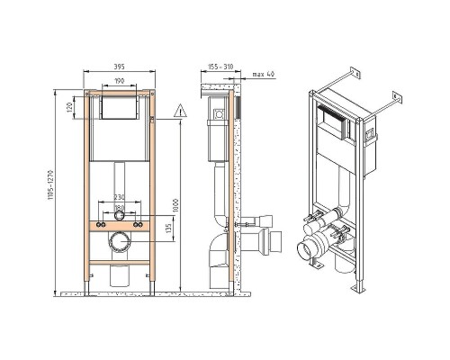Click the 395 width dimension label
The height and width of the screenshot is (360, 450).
119,67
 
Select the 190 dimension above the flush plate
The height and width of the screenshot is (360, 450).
119,81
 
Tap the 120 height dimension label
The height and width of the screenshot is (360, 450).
69,108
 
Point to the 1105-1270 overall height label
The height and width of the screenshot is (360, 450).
50,185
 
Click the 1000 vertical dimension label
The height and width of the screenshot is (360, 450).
175,205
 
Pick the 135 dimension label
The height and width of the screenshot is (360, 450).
168,229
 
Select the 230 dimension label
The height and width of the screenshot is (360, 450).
119,197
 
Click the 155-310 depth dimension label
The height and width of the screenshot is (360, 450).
220,67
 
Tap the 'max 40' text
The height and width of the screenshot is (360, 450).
263,74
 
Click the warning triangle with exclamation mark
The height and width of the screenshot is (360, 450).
180,111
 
